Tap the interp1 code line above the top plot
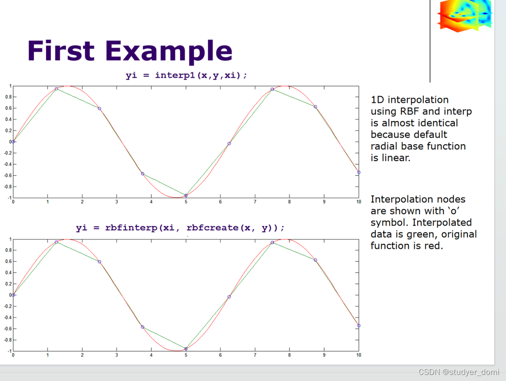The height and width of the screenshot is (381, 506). click(x=186, y=75)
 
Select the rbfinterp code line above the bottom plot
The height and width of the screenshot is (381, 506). click(x=180, y=228)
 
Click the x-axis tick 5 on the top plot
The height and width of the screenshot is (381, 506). click(x=186, y=202)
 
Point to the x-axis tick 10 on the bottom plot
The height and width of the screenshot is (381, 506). click(x=358, y=355)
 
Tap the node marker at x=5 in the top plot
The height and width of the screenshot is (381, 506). click(x=186, y=195)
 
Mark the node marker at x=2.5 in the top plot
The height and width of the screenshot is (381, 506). click(x=100, y=109)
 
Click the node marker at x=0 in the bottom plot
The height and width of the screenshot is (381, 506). click(x=13, y=295)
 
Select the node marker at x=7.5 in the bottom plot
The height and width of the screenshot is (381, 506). click(x=272, y=243)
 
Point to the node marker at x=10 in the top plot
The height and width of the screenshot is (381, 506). click(x=359, y=172)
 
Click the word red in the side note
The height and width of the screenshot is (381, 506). click(x=433, y=246)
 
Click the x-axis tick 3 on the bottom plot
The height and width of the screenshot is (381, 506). click(x=117, y=355)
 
